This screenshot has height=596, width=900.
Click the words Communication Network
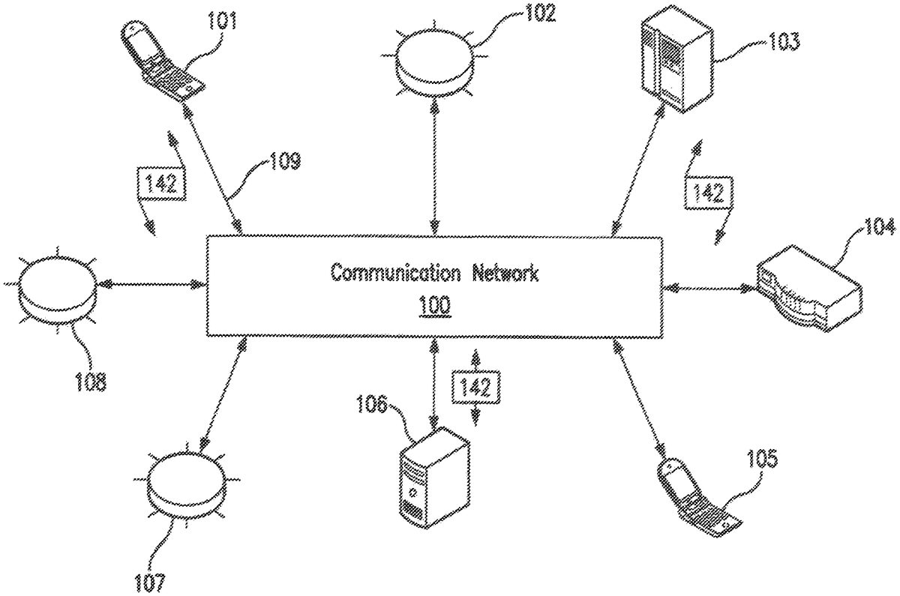(434, 273)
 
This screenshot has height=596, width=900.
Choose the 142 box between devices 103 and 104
(706, 193)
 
